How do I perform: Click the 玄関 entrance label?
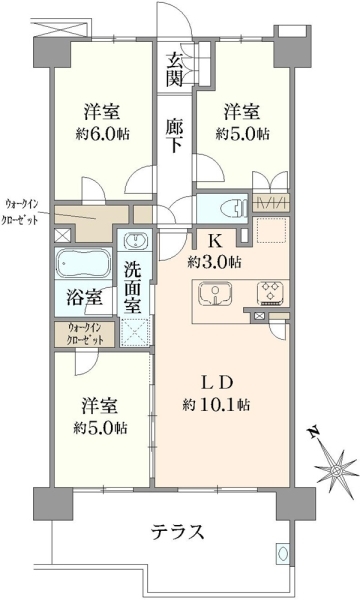174,69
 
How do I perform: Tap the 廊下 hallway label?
174,135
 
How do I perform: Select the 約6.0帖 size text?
102,134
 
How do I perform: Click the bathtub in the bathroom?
84,263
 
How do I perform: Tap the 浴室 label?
84,298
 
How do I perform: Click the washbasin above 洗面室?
135,241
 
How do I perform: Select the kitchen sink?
215,294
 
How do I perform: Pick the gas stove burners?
271,293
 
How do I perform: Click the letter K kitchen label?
215,241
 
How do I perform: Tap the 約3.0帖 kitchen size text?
214,262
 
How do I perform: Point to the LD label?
217,383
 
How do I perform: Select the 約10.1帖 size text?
216,404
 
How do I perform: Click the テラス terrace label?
177,532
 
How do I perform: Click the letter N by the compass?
314,432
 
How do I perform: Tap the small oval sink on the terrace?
283,553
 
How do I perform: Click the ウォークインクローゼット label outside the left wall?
20,212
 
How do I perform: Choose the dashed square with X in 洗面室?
135,331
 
